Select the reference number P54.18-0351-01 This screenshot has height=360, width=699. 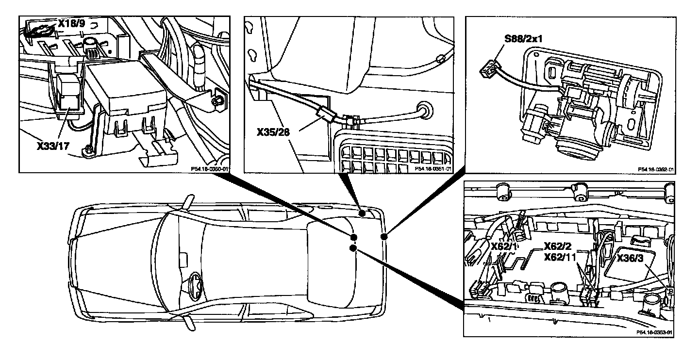(x=433, y=169)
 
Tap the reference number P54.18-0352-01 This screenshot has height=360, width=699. (x=656, y=169)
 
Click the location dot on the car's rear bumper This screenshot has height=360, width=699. (x=383, y=237)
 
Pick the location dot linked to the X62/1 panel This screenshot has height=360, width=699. (x=353, y=248)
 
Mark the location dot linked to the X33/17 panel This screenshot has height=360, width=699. (x=353, y=237)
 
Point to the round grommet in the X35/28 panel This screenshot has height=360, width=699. (x=425, y=110)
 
